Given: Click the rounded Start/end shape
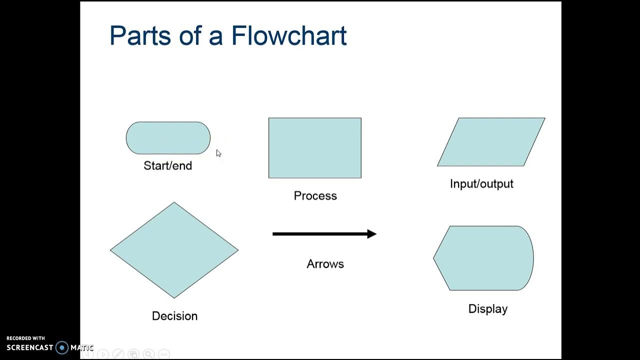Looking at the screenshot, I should click(168, 138).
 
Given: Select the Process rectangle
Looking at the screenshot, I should click(314, 148).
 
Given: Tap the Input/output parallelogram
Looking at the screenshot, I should click(491, 142).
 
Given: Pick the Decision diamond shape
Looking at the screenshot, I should click(174, 250).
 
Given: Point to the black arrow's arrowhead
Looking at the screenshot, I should click(371, 233).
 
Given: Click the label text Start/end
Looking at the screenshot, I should click(167, 165).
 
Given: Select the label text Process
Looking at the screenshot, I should click(315, 195).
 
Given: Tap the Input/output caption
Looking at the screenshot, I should click(481, 183).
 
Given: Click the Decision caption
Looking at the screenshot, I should click(174, 316).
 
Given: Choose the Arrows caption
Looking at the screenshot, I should click(325, 263).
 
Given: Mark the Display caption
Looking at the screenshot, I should click(487, 308).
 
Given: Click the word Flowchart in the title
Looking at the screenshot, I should click(289, 35).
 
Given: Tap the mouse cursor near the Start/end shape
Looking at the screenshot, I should click(218, 153).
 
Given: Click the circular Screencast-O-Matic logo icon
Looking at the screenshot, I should click(62, 347).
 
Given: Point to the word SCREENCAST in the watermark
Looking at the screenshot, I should click(30, 347).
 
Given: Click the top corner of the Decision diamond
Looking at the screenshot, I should click(174, 202).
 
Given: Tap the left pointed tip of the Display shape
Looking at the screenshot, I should click(434, 258).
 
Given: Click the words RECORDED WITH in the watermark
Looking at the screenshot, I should click(25, 338).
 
